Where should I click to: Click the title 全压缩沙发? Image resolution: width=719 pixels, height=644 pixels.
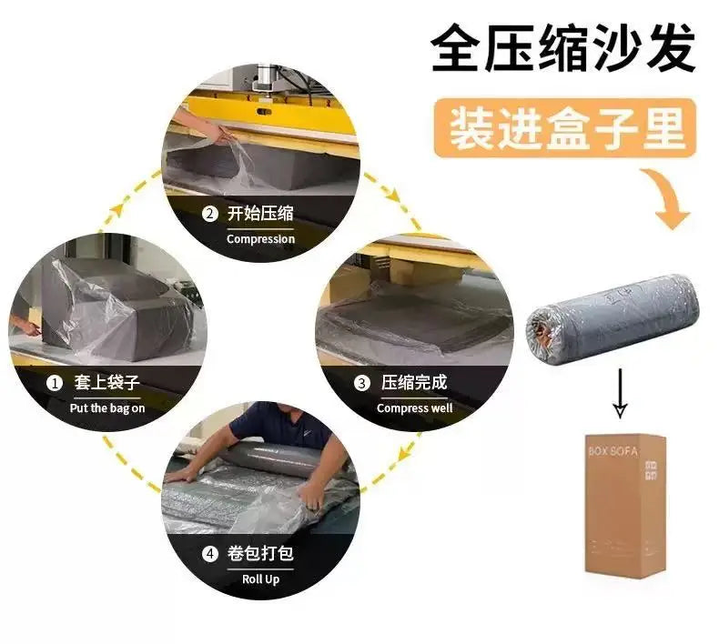pos(563,48)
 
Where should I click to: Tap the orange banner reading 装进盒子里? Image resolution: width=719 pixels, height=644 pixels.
pos(565,128)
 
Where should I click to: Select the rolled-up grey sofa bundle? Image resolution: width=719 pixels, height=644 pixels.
pos(613,314)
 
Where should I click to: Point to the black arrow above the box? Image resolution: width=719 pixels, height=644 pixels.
pos(620,393)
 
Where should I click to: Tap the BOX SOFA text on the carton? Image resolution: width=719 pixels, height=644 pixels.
pos(613,451)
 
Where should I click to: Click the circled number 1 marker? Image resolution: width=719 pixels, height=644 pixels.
pos(55,383)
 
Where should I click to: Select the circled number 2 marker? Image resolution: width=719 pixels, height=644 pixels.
pos(210,214)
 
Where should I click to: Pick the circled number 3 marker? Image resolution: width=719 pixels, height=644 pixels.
pos(362,383)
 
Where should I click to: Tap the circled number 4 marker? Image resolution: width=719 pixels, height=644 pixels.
pos(210,554)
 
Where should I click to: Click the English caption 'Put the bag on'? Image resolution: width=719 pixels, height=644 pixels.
pos(107,408)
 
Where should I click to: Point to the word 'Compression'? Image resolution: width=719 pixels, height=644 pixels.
pos(260,239)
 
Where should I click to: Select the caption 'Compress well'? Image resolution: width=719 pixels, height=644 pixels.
pos(414,408)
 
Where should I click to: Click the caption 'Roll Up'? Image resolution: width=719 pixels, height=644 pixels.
pos(260,579)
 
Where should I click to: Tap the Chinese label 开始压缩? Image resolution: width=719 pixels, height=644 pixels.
pos(260,214)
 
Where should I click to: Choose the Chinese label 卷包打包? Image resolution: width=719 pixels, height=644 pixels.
pos(260,553)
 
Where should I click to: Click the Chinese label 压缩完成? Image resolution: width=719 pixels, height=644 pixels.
pos(414,382)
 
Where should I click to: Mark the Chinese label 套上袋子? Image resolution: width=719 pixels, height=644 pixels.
pos(106,382)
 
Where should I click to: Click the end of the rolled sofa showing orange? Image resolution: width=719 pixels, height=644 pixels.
pos(542,327)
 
